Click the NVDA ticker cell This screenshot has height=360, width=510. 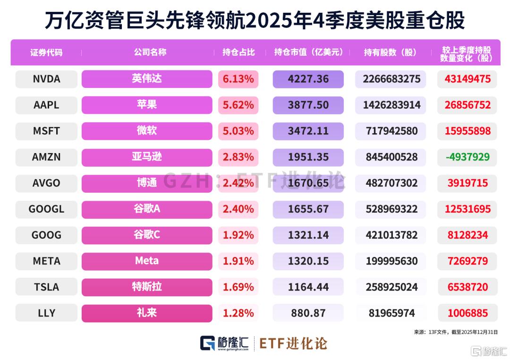[x=46, y=79]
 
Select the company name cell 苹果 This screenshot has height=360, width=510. [x=147, y=105]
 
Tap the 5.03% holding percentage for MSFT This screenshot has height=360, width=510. [x=238, y=131]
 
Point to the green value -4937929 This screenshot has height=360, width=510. [x=467, y=157]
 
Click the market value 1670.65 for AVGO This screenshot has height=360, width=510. [x=308, y=183]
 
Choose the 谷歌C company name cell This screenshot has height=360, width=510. [x=147, y=235]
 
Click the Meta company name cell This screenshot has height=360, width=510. [x=147, y=261]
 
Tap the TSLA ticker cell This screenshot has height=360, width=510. [x=46, y=287]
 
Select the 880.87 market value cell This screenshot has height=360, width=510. [x=308, y=313]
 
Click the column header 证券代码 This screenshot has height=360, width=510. [x=46, y=52]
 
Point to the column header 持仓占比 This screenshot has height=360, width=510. [x=238, y=52]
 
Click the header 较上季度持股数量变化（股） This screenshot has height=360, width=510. [x=466, y=54]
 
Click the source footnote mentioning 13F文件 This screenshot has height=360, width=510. [x=456, y=332]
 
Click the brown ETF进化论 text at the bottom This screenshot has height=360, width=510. [x=293, y=344]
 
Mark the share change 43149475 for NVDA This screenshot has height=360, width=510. [x=467, y=79]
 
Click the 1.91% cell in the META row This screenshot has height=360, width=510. [x=238, y=261]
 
